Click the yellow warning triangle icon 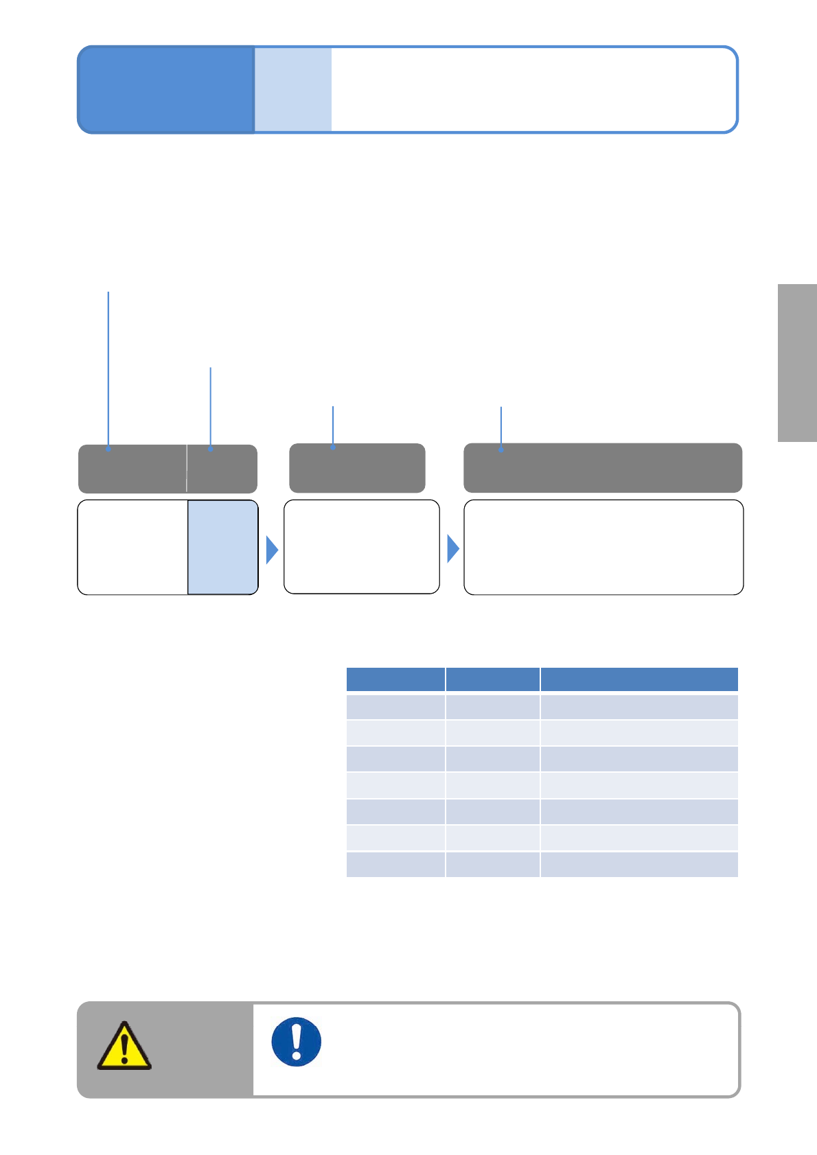(x=124, y=1047)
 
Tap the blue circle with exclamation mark (x=297, y=1041)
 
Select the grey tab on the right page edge (x=797, y=362)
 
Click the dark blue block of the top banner (x=166, y=89)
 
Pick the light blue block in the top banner (x=293, y=89)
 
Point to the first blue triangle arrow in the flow (x=272, y=549)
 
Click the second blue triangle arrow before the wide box (x=452, y=549)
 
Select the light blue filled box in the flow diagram (x=223, y=547)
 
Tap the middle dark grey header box (x=357, y=468)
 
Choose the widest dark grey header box (x=603, y=468)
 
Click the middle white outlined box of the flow (x=362, y=547)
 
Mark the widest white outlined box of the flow (x=603, y=547)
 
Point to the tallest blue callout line (x=108, y=371)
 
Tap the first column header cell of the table (x=395, y=679)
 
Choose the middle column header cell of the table (x=492, y=679)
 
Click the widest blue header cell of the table (x=639, y=679)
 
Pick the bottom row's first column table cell (x=395, y=865)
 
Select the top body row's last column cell (x=639, y=707)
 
